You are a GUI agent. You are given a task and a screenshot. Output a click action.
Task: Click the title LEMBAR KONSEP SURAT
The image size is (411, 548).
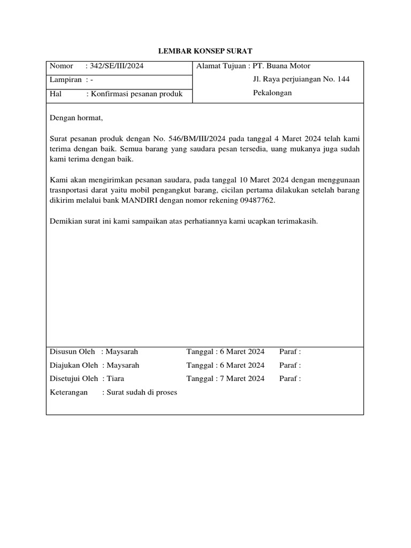tap(205, 51)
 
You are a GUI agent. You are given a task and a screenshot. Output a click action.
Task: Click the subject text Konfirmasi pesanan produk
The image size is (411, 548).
tap(136, 94)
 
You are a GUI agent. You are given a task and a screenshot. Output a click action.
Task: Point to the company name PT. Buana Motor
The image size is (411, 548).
tap(281, 66)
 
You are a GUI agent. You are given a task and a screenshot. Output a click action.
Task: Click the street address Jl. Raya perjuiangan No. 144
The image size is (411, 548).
tap(301, 80)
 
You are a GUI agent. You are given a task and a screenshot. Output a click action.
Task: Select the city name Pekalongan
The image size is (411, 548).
tap(272, 93)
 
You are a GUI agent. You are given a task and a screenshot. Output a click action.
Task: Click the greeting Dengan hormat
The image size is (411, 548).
tap(75, 118)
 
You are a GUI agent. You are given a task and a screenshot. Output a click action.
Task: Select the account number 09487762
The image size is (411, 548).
tap(255, 201)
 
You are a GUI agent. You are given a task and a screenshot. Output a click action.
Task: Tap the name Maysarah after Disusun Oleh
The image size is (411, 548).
tap(122, 352)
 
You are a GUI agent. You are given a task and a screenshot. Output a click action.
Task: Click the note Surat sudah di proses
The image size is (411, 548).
tap(142, 392)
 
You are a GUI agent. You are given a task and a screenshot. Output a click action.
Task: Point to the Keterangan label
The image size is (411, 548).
tap(68, 392)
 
